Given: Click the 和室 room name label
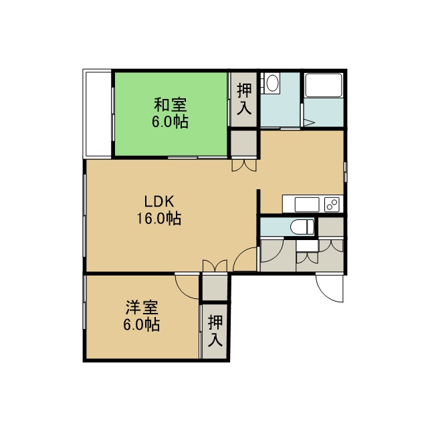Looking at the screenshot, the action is click(171, 104).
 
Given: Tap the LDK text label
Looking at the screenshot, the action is click(159, 202).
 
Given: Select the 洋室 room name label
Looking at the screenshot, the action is click(142, 308).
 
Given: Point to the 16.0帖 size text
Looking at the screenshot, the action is click(159, 219).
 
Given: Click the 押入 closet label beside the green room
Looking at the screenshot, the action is click(244, 99).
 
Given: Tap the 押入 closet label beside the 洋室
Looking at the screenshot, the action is click(215, 331).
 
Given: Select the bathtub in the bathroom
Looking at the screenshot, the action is click(324, 85).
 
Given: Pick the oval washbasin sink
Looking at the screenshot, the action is click(272, 83).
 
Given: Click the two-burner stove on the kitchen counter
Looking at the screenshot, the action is click(332, 204).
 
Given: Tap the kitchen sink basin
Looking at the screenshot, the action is click(307, 204).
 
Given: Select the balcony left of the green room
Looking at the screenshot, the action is click(98, 114).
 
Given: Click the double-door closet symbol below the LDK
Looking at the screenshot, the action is click(215, 266).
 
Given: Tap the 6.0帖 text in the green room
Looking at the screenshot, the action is click(171, 122).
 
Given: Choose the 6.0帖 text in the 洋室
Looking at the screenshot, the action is click(142, 324).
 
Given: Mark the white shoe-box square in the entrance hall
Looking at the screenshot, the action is click(308, 245).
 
